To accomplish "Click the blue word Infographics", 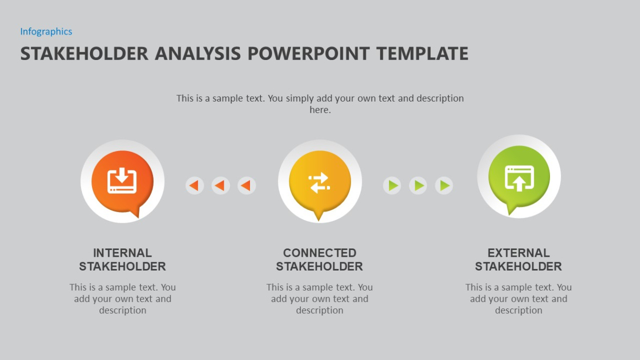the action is (x=46, y=32).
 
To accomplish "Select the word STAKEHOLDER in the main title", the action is (x=84, y=54).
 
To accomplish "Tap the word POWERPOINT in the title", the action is (x=308, y=54).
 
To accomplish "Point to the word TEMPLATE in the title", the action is (x=422, y=54).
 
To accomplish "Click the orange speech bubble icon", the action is (x=122, y=182).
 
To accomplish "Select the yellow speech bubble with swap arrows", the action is (x=319, y=183).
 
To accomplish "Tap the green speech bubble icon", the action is (x=519, y=178).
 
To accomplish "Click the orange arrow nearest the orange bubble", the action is (x=195, y=186).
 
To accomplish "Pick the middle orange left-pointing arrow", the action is (x=221, y=186).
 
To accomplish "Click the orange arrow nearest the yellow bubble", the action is (x=246, y=186).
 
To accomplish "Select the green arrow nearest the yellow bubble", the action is (x=392, y=186).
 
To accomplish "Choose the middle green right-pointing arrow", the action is (x=418, y=186).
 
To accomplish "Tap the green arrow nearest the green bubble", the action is (x=444, y=186).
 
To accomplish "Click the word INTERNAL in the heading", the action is (x=122, y=253).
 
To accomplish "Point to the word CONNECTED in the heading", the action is (x=319, y=253).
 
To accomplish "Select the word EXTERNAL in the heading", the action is (x=518, y=253).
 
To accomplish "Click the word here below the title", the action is (x=319, y=110).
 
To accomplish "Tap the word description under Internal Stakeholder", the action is (x=123, y=311).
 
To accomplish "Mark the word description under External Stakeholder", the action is (x=518, y=311).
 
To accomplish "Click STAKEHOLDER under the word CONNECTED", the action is (x=319, y=266).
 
